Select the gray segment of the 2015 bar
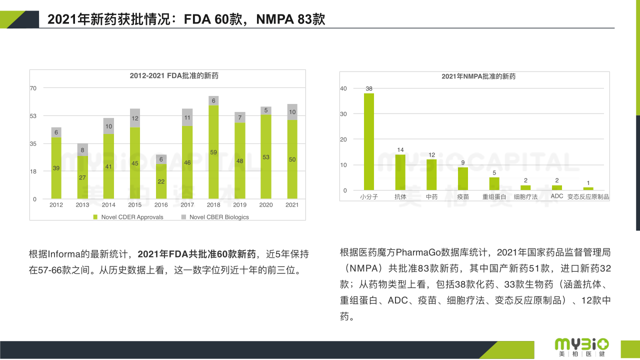134,118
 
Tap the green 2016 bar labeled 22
161,181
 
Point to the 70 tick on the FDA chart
33,88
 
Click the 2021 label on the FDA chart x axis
292,205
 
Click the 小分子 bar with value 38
369,141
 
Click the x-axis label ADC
557,196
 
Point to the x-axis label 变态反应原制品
588,197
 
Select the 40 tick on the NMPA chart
343,88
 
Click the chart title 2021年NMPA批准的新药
478,76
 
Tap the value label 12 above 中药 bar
431,155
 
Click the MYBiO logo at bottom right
581,346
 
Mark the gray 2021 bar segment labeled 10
292,112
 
